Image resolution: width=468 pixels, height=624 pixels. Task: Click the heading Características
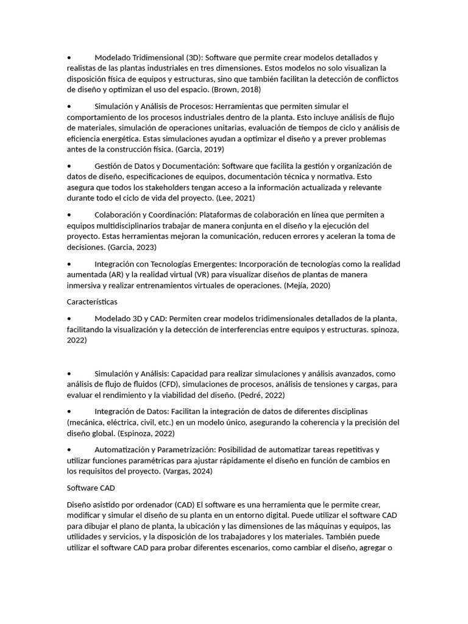[92, 302]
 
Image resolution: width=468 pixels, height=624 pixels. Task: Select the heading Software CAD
[91, 487]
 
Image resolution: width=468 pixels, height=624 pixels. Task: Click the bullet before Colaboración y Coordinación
[69, 214]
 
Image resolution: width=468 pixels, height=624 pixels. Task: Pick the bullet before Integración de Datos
[69, 411]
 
